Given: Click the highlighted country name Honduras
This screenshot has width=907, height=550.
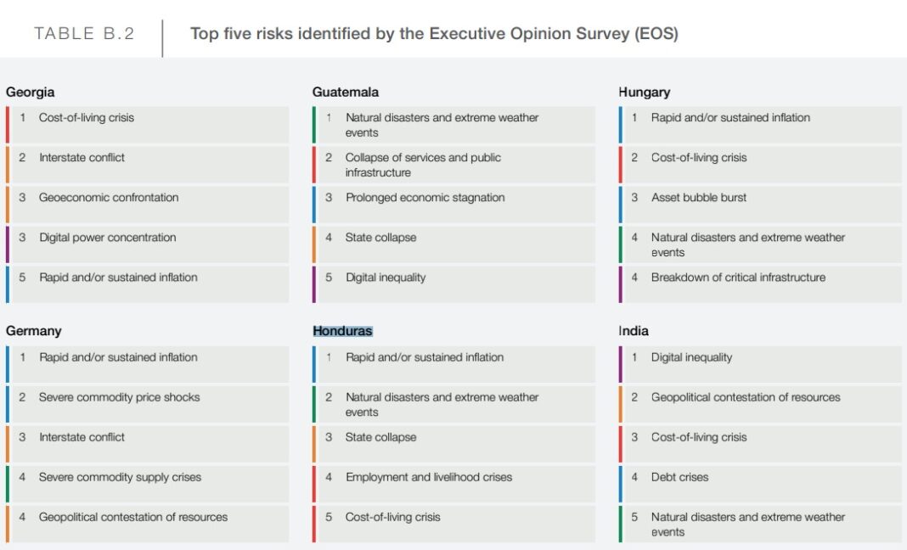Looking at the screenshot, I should pyautogui.click(x=342, y=331).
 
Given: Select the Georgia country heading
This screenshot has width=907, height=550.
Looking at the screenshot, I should pyautogui.click(x=30, y=92).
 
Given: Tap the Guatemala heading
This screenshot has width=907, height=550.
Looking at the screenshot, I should pyautogui.click(x=345, y=92).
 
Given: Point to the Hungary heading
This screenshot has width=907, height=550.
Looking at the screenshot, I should pyautogui.click(x=644, y=92).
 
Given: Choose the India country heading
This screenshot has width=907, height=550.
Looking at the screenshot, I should pyautogui.click(x=633, y=331).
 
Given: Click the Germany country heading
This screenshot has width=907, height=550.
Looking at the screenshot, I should pyautogui.click(x=33, y=331).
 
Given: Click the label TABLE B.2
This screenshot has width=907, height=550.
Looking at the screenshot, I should pyautogui.click(x=84, y=34).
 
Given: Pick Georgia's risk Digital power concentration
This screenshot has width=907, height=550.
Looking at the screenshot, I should pyautogui.click(x=107, y=238).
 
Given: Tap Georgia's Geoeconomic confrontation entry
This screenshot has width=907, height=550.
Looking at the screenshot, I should pyautogui.click(x=109, y=198).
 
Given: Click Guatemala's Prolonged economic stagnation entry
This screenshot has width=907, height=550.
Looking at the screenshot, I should pyautogui.click(x=425, y=198).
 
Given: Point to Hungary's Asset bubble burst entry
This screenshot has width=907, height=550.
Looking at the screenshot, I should pyautogui.click(x=698, y=198).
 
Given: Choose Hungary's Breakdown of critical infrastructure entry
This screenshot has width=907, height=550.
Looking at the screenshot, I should pyautogui.click(x=738, y=278).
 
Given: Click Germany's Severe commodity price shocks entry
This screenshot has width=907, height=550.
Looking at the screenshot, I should pyautogui.click(x=119, y=397).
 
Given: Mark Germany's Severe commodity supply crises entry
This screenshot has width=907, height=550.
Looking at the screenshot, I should pyautogui.click(x=120, y=477).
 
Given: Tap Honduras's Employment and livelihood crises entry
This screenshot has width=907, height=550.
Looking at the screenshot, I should pyautogui.click(x=428, y=477).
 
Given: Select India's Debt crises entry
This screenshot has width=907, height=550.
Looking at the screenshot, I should pyautogui.click(x=679, y=477).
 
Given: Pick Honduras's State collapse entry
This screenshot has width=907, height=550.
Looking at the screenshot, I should pyautogui.click(x=380, y=437).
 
